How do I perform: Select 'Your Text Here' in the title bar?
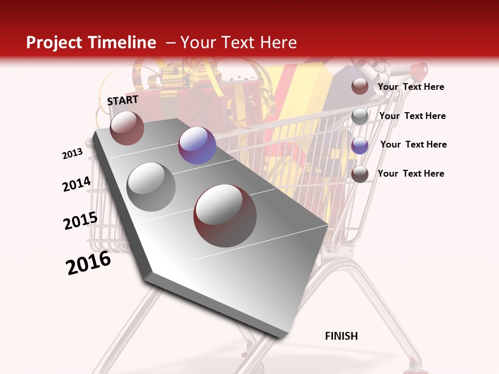238,43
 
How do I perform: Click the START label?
123,100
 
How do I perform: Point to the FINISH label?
342,336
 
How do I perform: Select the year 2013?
72,154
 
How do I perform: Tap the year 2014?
76,184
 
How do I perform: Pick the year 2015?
81,221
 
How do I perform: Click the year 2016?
88,263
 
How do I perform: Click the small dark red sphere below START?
127,128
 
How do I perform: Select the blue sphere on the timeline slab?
197,145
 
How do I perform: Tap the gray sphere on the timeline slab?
151,187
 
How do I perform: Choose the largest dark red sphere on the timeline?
225,216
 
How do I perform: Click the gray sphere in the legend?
360,116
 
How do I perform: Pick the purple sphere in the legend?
360,145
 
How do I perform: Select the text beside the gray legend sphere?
412,116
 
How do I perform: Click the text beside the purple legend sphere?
413,144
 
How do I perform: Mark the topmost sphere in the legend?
360,86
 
